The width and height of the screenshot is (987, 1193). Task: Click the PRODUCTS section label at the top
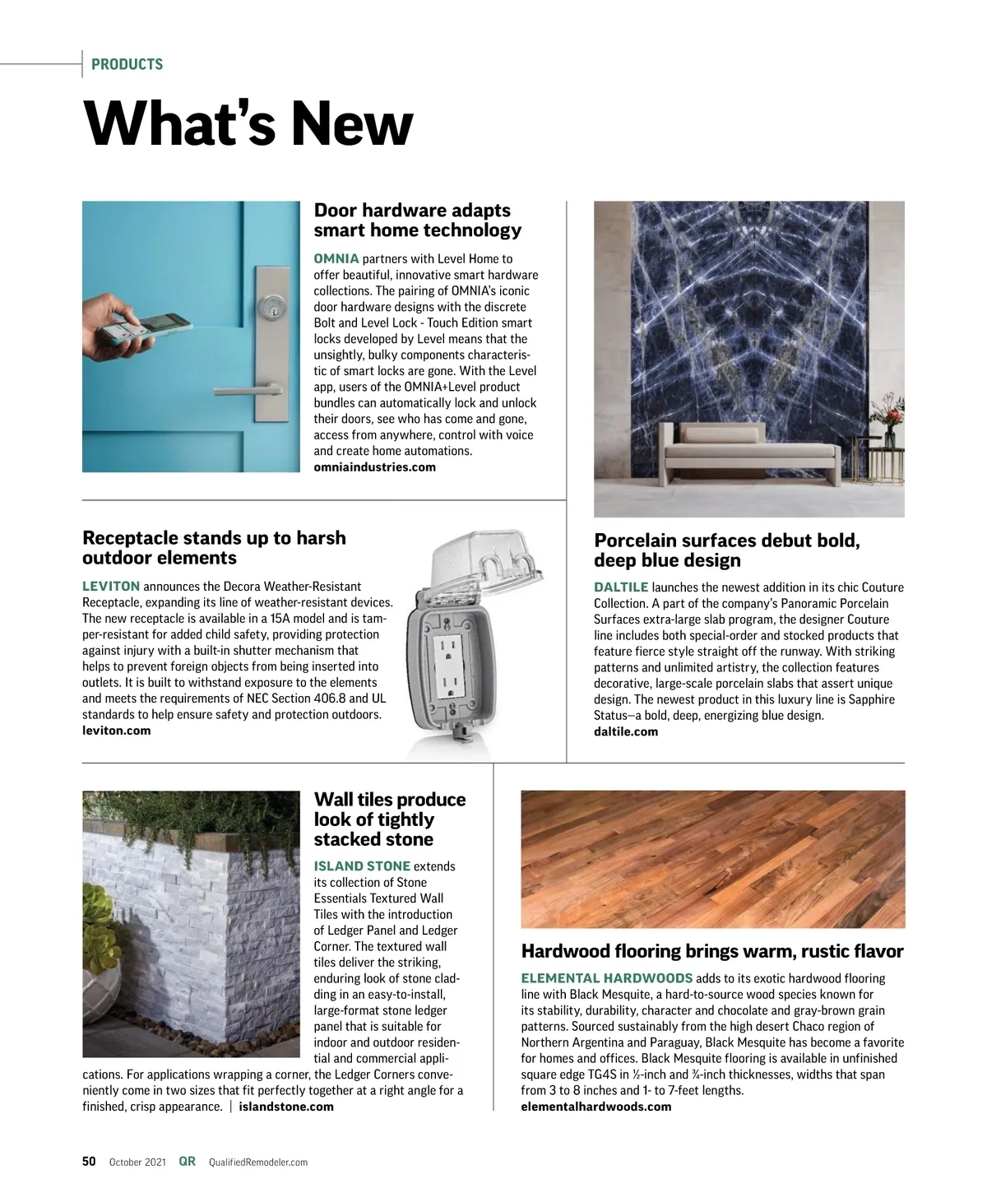click(x=127, y=64)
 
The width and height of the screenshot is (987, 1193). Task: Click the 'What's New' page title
click(x=248, y=123)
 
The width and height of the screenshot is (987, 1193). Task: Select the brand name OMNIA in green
click(x=336, y=259)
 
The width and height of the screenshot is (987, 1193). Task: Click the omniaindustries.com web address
click(x=374, y=467)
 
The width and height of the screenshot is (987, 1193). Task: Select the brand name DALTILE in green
click(x=621, y=587)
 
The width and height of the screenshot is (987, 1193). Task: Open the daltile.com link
click(x=625, y=731)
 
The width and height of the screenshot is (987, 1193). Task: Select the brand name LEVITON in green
click(x=111, y=587)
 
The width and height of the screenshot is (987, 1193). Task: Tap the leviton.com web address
click(x=116, y=731)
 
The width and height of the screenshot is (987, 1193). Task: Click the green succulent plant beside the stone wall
click(x=99, y=914)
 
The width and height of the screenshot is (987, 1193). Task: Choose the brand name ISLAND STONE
click(x=362, y=866)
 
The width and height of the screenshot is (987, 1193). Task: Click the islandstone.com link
click(x=286, y=1107)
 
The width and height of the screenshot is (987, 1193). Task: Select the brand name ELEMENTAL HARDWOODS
click(x=606, y=978)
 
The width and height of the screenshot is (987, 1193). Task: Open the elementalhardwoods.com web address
click(x=595, y=1107)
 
